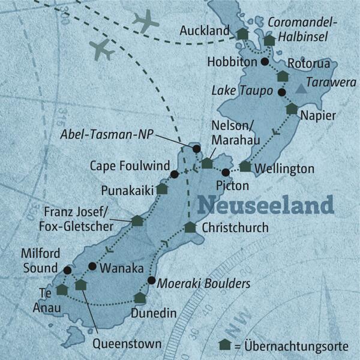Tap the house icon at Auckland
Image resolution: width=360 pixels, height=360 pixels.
(x=242, y=35)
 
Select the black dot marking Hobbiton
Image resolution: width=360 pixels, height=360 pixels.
(x=265, y=61)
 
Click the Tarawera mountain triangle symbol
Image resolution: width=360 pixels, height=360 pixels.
(x=301, y=89)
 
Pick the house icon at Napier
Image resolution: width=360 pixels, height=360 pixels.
(x=292, y=109)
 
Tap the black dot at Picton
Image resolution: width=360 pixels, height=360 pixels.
(x=225, y=173)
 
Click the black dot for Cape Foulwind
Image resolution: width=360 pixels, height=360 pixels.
(x=174, y=175)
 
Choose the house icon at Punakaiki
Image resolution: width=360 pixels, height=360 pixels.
(x=161, y=188)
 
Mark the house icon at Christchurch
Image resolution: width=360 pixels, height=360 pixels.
(x=190, y=227)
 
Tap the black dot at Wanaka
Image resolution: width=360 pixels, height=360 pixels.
(x=92, y=266)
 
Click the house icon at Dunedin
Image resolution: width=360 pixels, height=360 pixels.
(x=140, y=298)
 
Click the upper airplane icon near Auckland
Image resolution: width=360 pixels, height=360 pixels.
(x=145, y=22)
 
